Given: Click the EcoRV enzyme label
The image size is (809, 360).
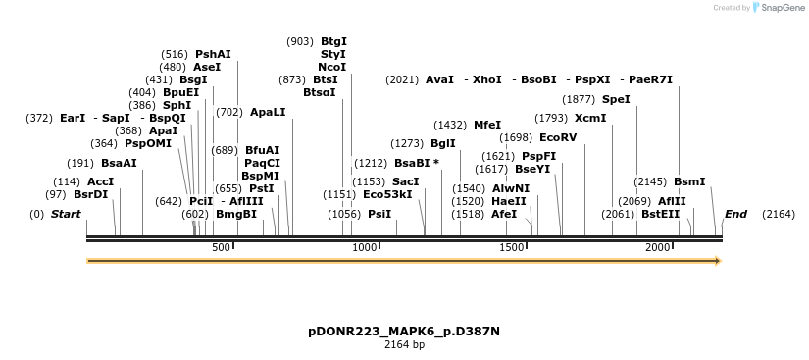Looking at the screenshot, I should click(x=558, y=137).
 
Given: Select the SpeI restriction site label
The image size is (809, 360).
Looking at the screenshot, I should click(x=616, y=99).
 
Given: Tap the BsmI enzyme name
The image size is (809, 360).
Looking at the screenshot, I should click(x=689, y=181).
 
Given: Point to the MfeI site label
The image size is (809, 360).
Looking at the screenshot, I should click(x=487, y=125).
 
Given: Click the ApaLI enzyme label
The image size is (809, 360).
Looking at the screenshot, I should click(x=268, y=112).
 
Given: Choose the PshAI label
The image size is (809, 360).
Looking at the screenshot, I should click(x=213, y=54).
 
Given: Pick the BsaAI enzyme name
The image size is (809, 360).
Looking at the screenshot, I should click(x=119, y=163).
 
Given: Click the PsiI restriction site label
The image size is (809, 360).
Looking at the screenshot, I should click(x=379, y=214).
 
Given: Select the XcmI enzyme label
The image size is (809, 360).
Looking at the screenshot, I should click(x=590, y=118).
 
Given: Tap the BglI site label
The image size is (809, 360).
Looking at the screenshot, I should click(x=443, y=143).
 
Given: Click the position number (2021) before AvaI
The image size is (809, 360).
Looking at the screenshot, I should click(x=402, y=79).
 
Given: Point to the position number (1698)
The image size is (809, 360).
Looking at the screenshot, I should click(x=516, y=137).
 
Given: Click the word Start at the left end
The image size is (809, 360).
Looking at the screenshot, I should click(x=66, y=214).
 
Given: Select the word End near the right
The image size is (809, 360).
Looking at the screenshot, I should click(x=735, y=214).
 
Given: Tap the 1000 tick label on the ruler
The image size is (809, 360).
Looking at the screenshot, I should click(x=365, y=248).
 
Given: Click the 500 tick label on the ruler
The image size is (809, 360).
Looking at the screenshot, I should click(x=221, y=248).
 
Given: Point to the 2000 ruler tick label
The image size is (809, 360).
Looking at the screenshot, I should click(x=658, y=248).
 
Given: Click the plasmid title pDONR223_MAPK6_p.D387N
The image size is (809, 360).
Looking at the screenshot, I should click(x=404, y=331).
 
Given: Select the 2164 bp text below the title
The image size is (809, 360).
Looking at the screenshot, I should click(x=404, y=344).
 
